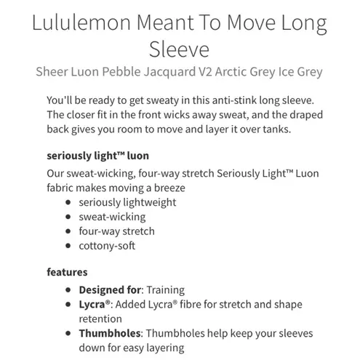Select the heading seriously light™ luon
(97, 156)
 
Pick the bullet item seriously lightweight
(128, 202)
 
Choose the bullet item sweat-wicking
(112, 217)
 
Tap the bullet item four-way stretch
(116, 231)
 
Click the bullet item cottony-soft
(107, 246)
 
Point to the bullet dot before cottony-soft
(68, 246)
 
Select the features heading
(67, 272)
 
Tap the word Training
(165, 289)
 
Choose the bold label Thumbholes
(110, 333)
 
